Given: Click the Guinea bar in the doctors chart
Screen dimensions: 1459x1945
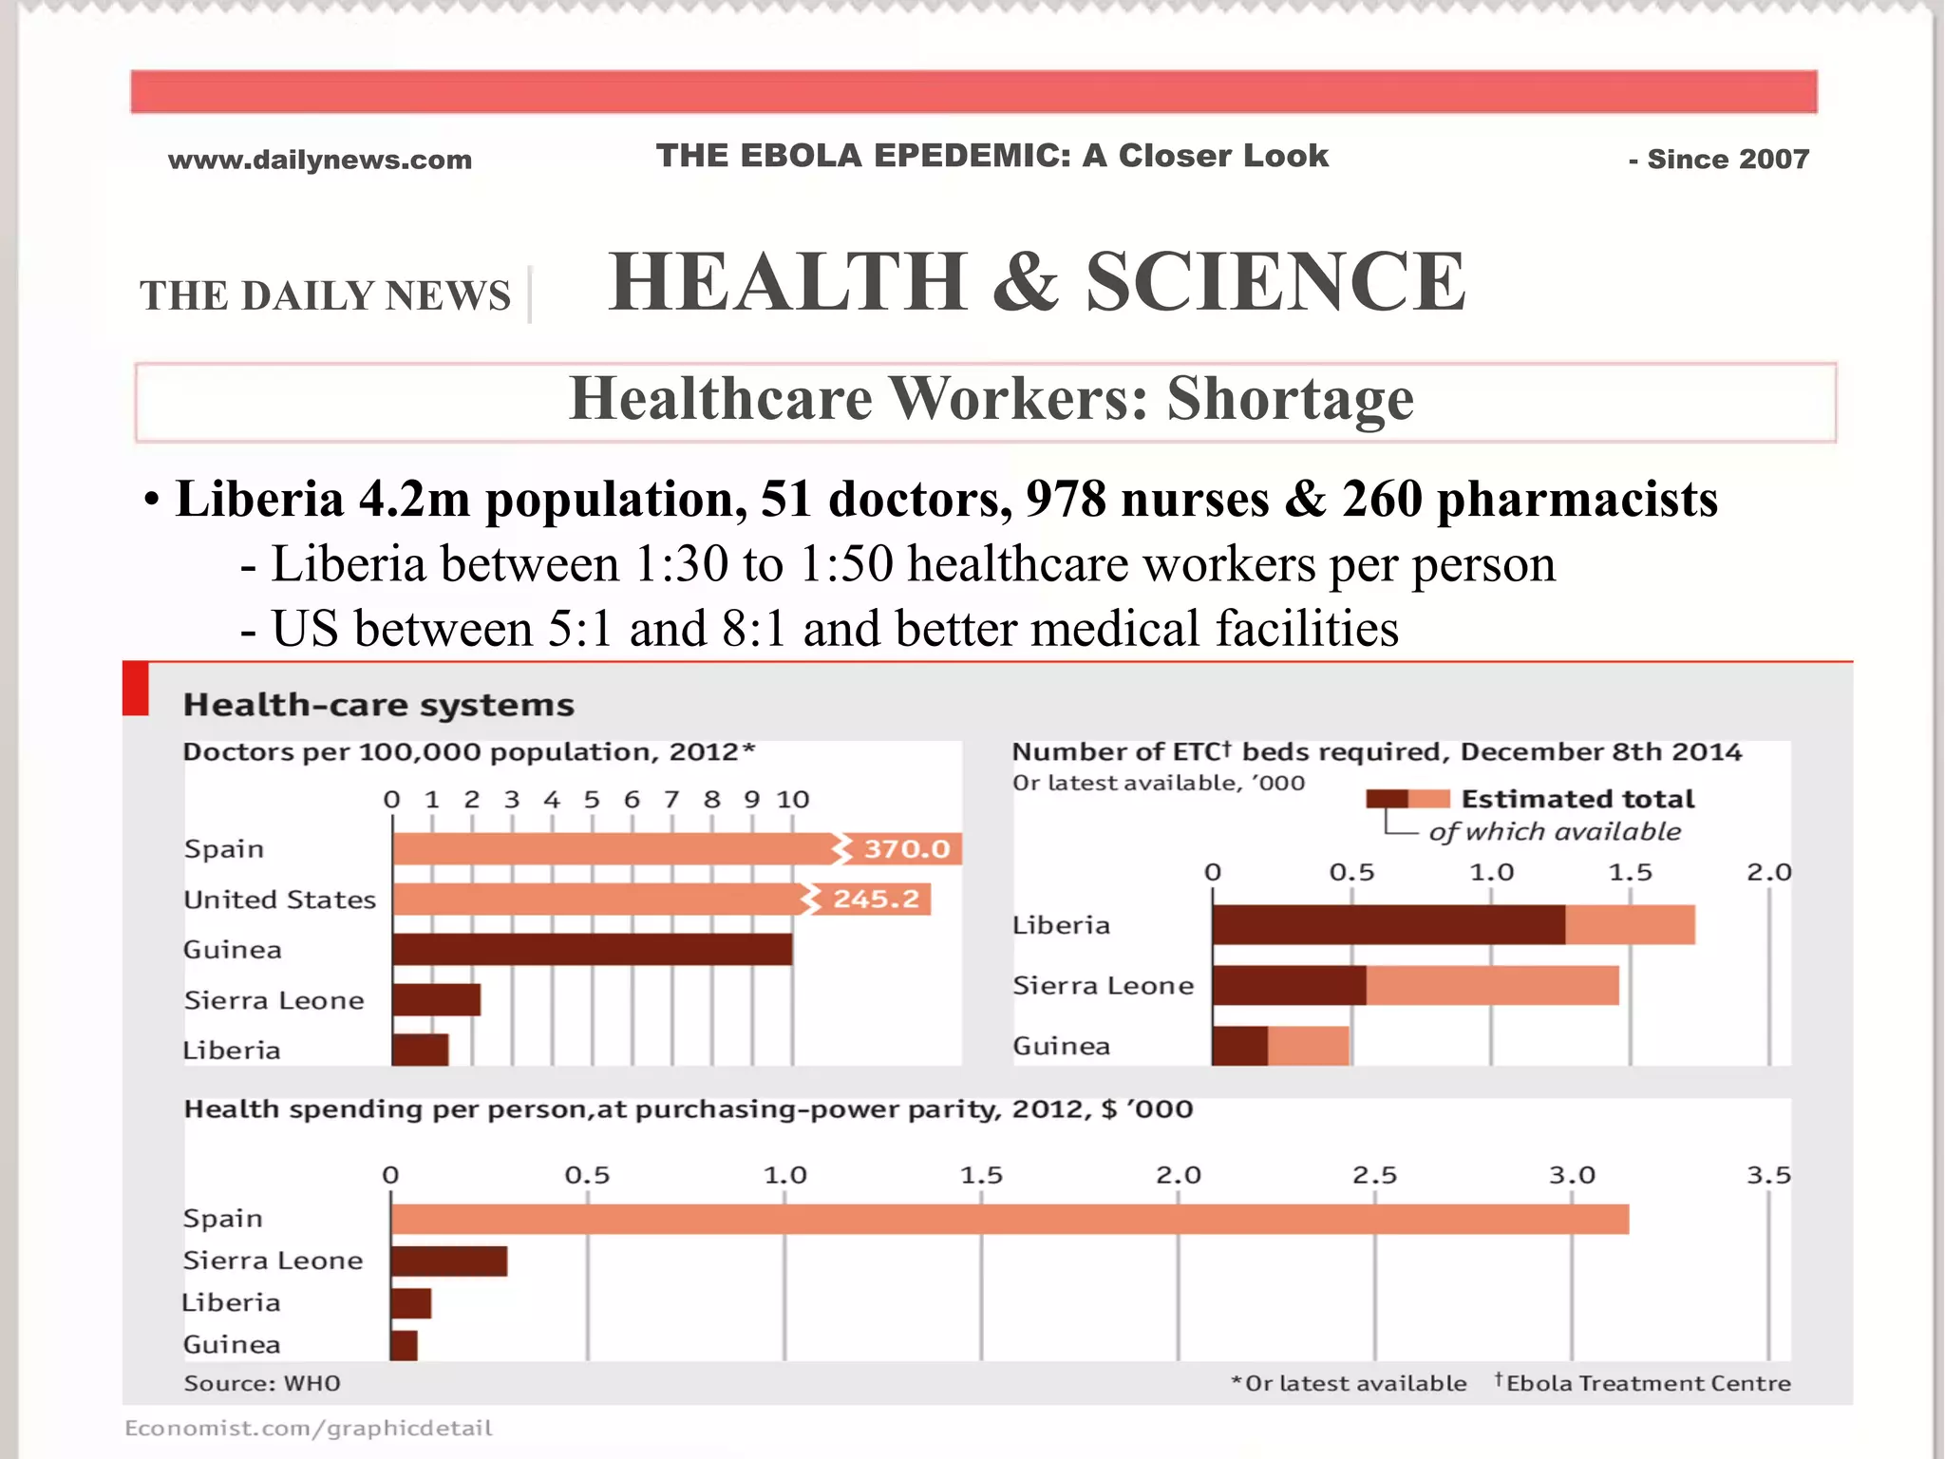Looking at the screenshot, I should click(592, 949).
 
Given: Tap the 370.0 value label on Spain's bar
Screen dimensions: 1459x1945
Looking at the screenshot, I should click(906, 848).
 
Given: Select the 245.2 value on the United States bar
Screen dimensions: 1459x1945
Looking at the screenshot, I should click(876, 899).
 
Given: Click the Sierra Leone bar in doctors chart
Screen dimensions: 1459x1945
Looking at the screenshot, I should click(436, 999).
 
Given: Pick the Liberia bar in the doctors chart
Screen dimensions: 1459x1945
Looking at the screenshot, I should click(420, 1050).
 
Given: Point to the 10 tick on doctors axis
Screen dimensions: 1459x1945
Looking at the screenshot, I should click(793, 800).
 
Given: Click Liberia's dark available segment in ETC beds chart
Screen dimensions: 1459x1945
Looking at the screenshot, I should click(1388, 924).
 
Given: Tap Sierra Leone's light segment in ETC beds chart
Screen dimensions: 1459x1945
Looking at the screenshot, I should click(1492, 985).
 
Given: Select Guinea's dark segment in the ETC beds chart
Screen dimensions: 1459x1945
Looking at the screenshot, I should click(1239, 1045).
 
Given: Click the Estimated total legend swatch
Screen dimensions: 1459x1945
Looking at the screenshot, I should click(1407, 799).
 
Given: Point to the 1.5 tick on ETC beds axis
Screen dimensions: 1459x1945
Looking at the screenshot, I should click(1630, 872).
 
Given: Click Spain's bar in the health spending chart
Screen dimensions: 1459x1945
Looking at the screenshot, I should click(1010, 1219).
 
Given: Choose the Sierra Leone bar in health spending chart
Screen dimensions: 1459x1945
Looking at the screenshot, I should click(448, 1260).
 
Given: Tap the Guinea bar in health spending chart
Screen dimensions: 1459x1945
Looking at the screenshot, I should click(404, 1345).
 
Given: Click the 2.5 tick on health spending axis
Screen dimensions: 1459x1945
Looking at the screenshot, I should click(1374, 1176).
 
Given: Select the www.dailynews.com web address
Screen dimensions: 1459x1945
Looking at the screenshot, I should click(320, 160).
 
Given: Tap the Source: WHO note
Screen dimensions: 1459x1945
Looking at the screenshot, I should click(262, 1383).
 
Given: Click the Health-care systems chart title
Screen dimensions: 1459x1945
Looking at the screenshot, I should click(378, 705).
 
